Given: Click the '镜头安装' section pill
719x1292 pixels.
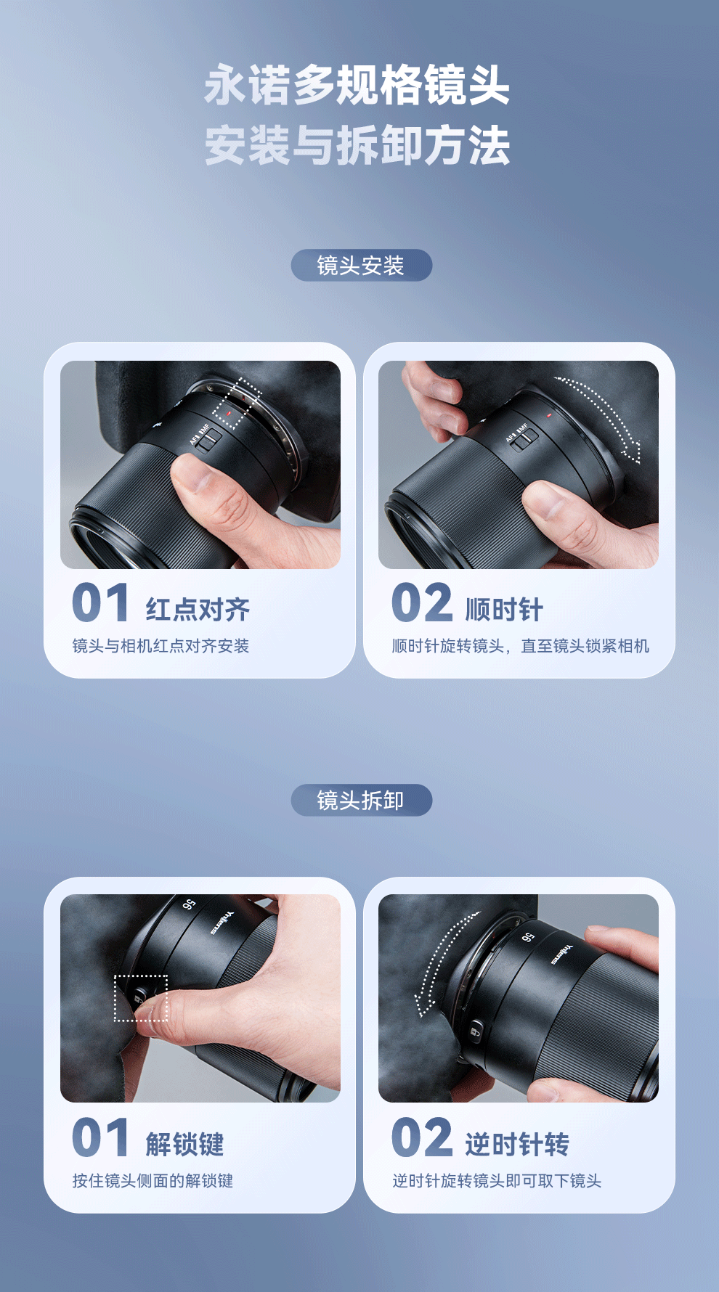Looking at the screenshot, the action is click(361, 266).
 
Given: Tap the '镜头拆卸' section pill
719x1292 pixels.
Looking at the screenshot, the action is click(361, 801).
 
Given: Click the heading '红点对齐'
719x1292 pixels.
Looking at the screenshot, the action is click(198, 609).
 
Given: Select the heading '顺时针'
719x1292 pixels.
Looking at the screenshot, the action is click(504, 609).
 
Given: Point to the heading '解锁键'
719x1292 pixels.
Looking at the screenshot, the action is click(184, 1144).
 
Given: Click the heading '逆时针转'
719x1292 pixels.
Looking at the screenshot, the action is click(517, 1144).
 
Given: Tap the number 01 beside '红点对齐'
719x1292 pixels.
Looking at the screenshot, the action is click(100, 603).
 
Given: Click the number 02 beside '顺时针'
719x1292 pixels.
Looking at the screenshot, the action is click(422, 603).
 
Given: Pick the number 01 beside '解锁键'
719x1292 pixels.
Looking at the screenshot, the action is click(100, 1137).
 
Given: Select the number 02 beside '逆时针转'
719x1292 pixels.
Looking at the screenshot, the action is click(422, 1137).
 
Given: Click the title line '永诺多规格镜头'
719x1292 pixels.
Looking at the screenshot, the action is click(357, 85).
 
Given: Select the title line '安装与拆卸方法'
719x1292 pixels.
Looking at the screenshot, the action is click(357, 145).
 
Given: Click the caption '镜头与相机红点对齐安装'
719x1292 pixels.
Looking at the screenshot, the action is click(161, 646).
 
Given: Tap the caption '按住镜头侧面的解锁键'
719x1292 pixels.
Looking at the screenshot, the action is click(153, 1181).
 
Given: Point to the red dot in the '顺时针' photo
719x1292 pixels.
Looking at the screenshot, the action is click(549, 416).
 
